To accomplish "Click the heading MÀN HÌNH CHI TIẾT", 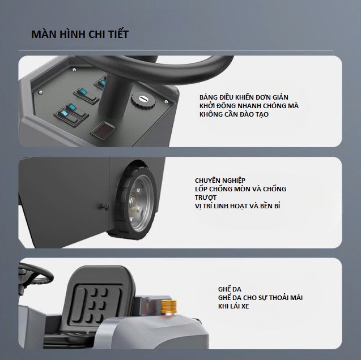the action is [80, 34].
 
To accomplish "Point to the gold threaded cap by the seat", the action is [168, 307].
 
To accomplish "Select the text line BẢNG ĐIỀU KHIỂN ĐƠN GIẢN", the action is [244, 97].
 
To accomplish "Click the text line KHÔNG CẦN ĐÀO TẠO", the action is [234, 114].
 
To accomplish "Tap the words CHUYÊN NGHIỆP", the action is [220, 181].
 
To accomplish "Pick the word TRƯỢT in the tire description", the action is [206, 198].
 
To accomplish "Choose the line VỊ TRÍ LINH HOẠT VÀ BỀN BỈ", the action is [237, 206].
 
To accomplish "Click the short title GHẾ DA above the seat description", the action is [230, 289].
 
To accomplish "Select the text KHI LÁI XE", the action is [233, 306].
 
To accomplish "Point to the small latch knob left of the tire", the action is [104, 206].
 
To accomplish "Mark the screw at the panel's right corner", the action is [166, 101].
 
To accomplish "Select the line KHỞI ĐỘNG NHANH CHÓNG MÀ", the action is [249, 106].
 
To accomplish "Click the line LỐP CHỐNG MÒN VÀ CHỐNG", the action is [240, 189].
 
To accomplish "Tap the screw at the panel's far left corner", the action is [41, 92].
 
